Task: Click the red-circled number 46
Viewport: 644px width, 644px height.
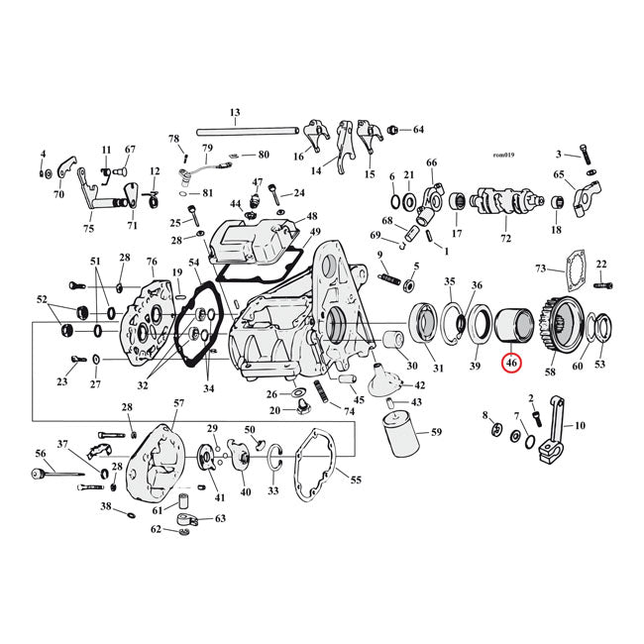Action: [x=511, y=365]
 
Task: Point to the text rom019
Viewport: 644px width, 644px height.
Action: [x=503, y=155]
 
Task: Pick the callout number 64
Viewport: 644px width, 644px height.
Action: [x=418, y=130]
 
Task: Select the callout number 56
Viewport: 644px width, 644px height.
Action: [x=41, y=453]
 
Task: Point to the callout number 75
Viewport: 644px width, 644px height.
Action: [x=88, y=229]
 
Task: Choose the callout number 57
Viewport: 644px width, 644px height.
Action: [x=178, y=403]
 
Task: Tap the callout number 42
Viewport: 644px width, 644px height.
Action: [x=419, y=385]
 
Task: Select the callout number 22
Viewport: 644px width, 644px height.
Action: [x=600, y=264]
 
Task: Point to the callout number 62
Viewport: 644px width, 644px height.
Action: [x=156, y=529]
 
